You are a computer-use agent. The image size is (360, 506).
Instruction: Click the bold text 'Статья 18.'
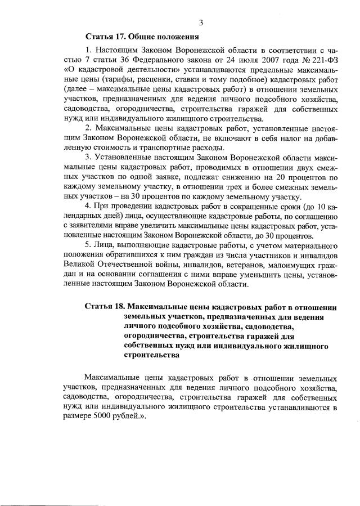[x=105, y=307]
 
